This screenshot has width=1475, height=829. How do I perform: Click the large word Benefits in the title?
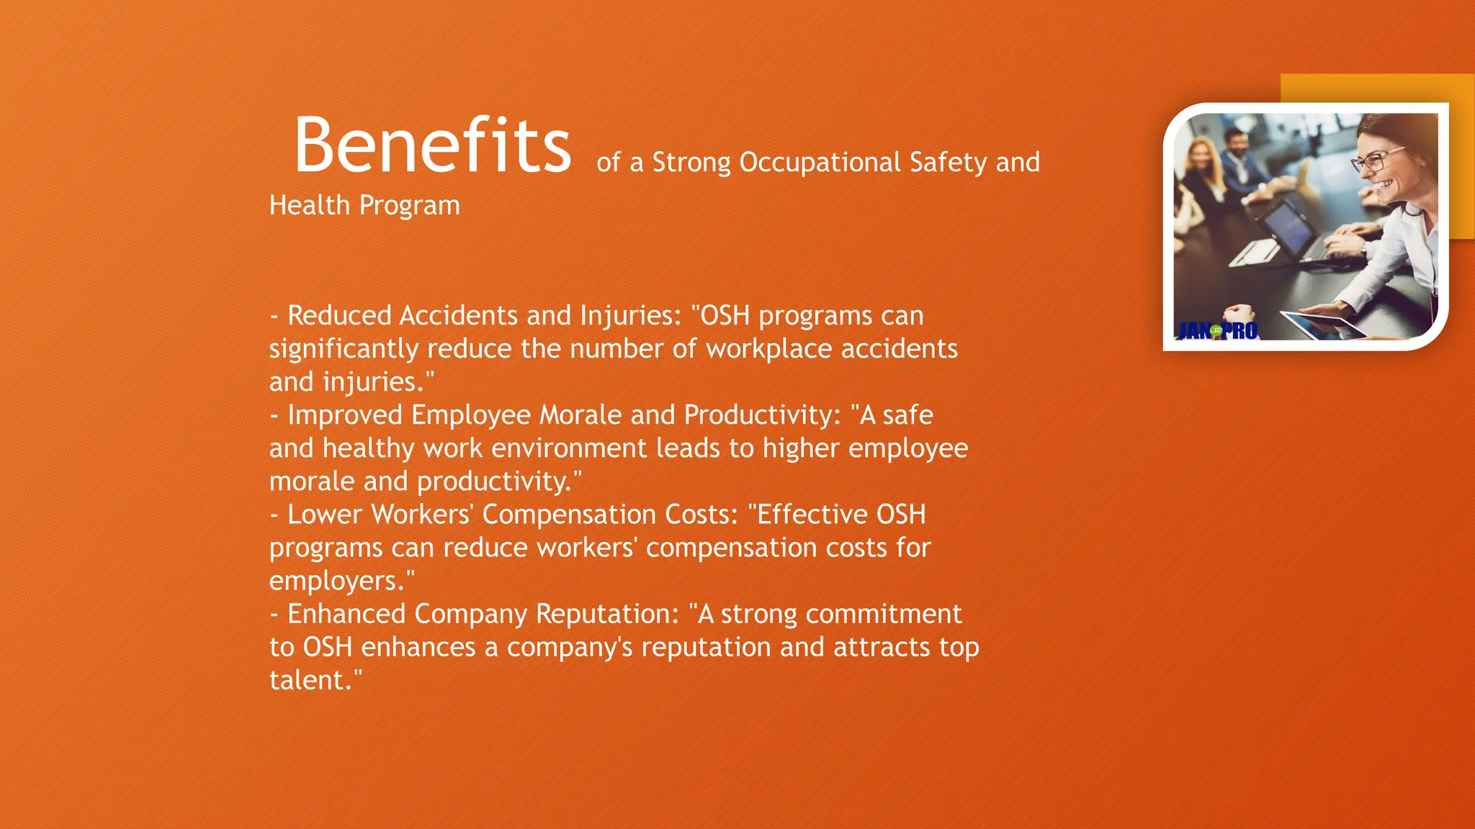432,145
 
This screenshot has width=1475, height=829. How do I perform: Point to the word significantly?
344,350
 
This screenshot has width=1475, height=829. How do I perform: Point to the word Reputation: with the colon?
607,614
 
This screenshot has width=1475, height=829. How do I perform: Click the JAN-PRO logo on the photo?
1217,331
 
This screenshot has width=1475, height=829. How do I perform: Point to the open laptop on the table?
1289,230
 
